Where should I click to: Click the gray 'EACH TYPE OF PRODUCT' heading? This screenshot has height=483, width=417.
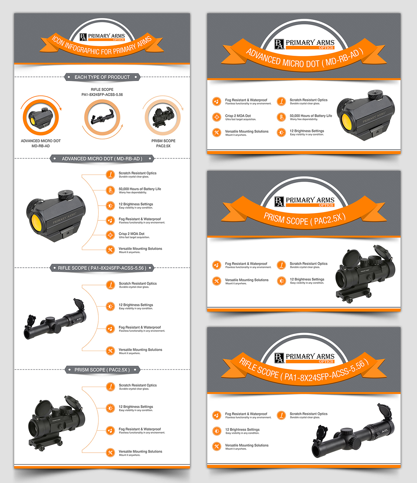(x=102, y=77)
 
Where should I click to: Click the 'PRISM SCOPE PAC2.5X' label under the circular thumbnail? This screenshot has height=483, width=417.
(x=163, y=144)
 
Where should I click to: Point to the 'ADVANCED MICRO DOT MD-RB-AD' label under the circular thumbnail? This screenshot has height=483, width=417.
(x=41, y=144)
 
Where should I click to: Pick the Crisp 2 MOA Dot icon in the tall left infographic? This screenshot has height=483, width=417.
(x=110, y=235)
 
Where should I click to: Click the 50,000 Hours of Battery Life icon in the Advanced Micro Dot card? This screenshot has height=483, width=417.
(x=281, y=117)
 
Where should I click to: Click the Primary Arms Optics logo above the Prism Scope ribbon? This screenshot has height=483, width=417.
(x=304, y=202)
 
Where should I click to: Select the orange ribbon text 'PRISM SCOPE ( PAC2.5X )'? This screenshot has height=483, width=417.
(x=304, y=220)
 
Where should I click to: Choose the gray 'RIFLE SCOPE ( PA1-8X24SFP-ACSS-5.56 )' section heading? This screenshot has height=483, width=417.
(x=102, y=268)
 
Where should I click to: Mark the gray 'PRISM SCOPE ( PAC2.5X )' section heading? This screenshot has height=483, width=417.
(x=102, y=370)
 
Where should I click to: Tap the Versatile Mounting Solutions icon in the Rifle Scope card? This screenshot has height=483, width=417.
(x=217, y=446)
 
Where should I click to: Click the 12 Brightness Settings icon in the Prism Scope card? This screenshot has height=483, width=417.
(x=281, y=281)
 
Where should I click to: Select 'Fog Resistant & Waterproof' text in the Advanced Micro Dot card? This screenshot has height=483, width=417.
(x=246, y=100)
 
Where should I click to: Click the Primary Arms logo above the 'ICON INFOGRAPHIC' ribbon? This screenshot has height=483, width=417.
(x=102, y=37)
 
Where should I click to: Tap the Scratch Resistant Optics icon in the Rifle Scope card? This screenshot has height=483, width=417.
(x=281, y=415)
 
